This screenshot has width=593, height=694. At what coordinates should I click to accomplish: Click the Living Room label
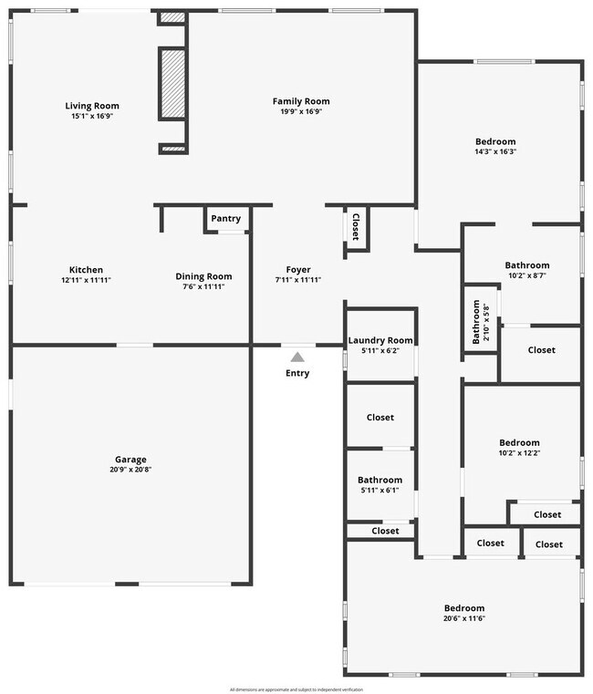coord(91,106)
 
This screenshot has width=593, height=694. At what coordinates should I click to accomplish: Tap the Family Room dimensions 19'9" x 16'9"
coord(301,111)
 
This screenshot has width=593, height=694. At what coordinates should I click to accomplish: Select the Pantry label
coord(225,219)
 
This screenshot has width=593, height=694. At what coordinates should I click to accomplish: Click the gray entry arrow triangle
coord(297,357)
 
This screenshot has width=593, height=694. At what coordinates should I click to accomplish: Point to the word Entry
coord(297,373)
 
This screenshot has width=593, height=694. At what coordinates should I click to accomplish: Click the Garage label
coord(130,460)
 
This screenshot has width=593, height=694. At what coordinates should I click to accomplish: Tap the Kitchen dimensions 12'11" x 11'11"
coord(86,281)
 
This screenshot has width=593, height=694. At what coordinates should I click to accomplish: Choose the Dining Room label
coord(203,276)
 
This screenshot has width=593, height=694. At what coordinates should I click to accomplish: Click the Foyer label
coord(298,270)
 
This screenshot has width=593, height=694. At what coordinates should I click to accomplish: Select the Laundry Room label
coord(380,340)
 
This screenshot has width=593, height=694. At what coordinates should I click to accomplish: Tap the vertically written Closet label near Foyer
coord(355,227)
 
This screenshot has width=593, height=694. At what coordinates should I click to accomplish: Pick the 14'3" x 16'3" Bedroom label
coord(495,141)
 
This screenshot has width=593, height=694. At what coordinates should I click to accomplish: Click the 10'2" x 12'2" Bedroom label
coord(519,443)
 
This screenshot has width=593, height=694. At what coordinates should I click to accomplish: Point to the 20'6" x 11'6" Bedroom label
coord(463,608)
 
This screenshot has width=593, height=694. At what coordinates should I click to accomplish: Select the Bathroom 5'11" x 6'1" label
coord(380,480)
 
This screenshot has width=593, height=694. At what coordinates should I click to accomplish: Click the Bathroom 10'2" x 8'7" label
coord(527,265)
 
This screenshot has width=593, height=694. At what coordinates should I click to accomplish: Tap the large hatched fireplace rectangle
coord(172,84)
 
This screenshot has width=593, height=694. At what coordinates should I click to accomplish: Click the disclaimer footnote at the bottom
coord(296,689)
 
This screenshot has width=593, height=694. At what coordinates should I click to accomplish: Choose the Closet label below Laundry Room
coord(380,418)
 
